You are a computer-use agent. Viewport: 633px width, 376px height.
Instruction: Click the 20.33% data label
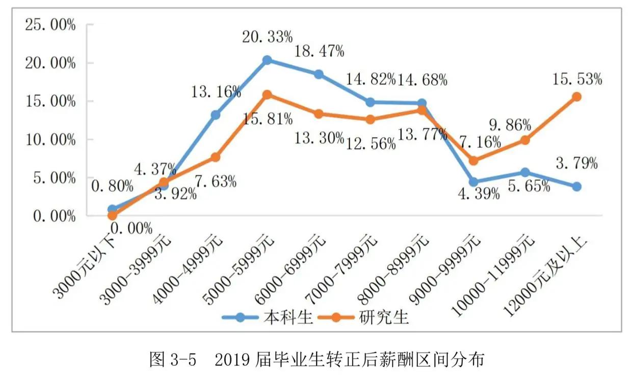267,37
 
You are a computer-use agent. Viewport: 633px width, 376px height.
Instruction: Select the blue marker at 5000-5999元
267,60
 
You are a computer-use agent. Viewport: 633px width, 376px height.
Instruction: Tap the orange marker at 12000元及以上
576,97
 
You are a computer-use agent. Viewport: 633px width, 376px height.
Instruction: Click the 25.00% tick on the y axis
50,25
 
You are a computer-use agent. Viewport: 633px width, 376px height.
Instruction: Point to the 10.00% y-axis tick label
50,140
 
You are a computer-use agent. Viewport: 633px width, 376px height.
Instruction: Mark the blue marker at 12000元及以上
576,186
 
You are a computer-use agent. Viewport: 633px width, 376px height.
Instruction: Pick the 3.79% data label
576,164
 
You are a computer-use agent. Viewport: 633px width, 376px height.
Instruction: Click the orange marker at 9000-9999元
473,160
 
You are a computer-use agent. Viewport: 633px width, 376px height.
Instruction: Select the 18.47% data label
319,51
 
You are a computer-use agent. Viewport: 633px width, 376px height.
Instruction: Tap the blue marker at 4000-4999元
216,115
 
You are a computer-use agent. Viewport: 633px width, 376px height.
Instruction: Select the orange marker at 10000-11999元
525,140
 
